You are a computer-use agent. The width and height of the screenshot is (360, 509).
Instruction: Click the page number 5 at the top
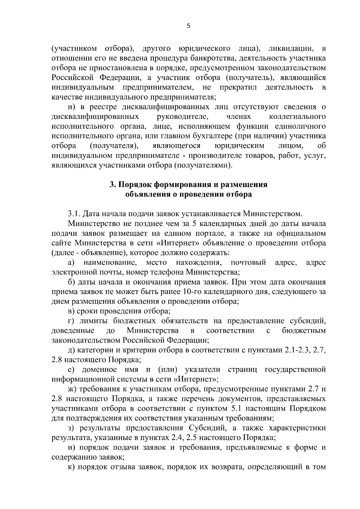tap(188, 26)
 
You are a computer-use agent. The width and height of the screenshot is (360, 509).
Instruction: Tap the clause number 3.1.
tap(74, 214)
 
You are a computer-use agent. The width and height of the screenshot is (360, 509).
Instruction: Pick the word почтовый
tap(248, 263)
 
